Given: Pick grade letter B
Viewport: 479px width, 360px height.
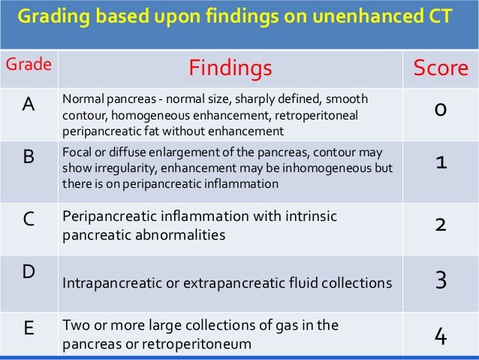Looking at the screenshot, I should tap(28, 157).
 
